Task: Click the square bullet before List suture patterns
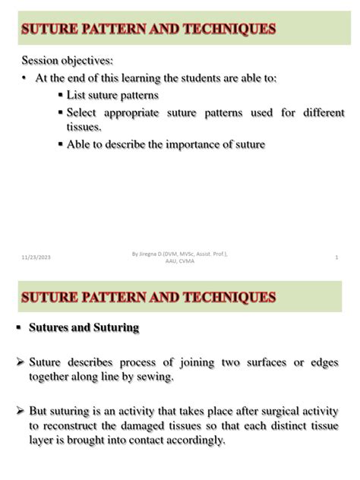60,96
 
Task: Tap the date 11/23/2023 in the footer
36,260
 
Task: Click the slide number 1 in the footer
336,259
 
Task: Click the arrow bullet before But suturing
21,410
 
